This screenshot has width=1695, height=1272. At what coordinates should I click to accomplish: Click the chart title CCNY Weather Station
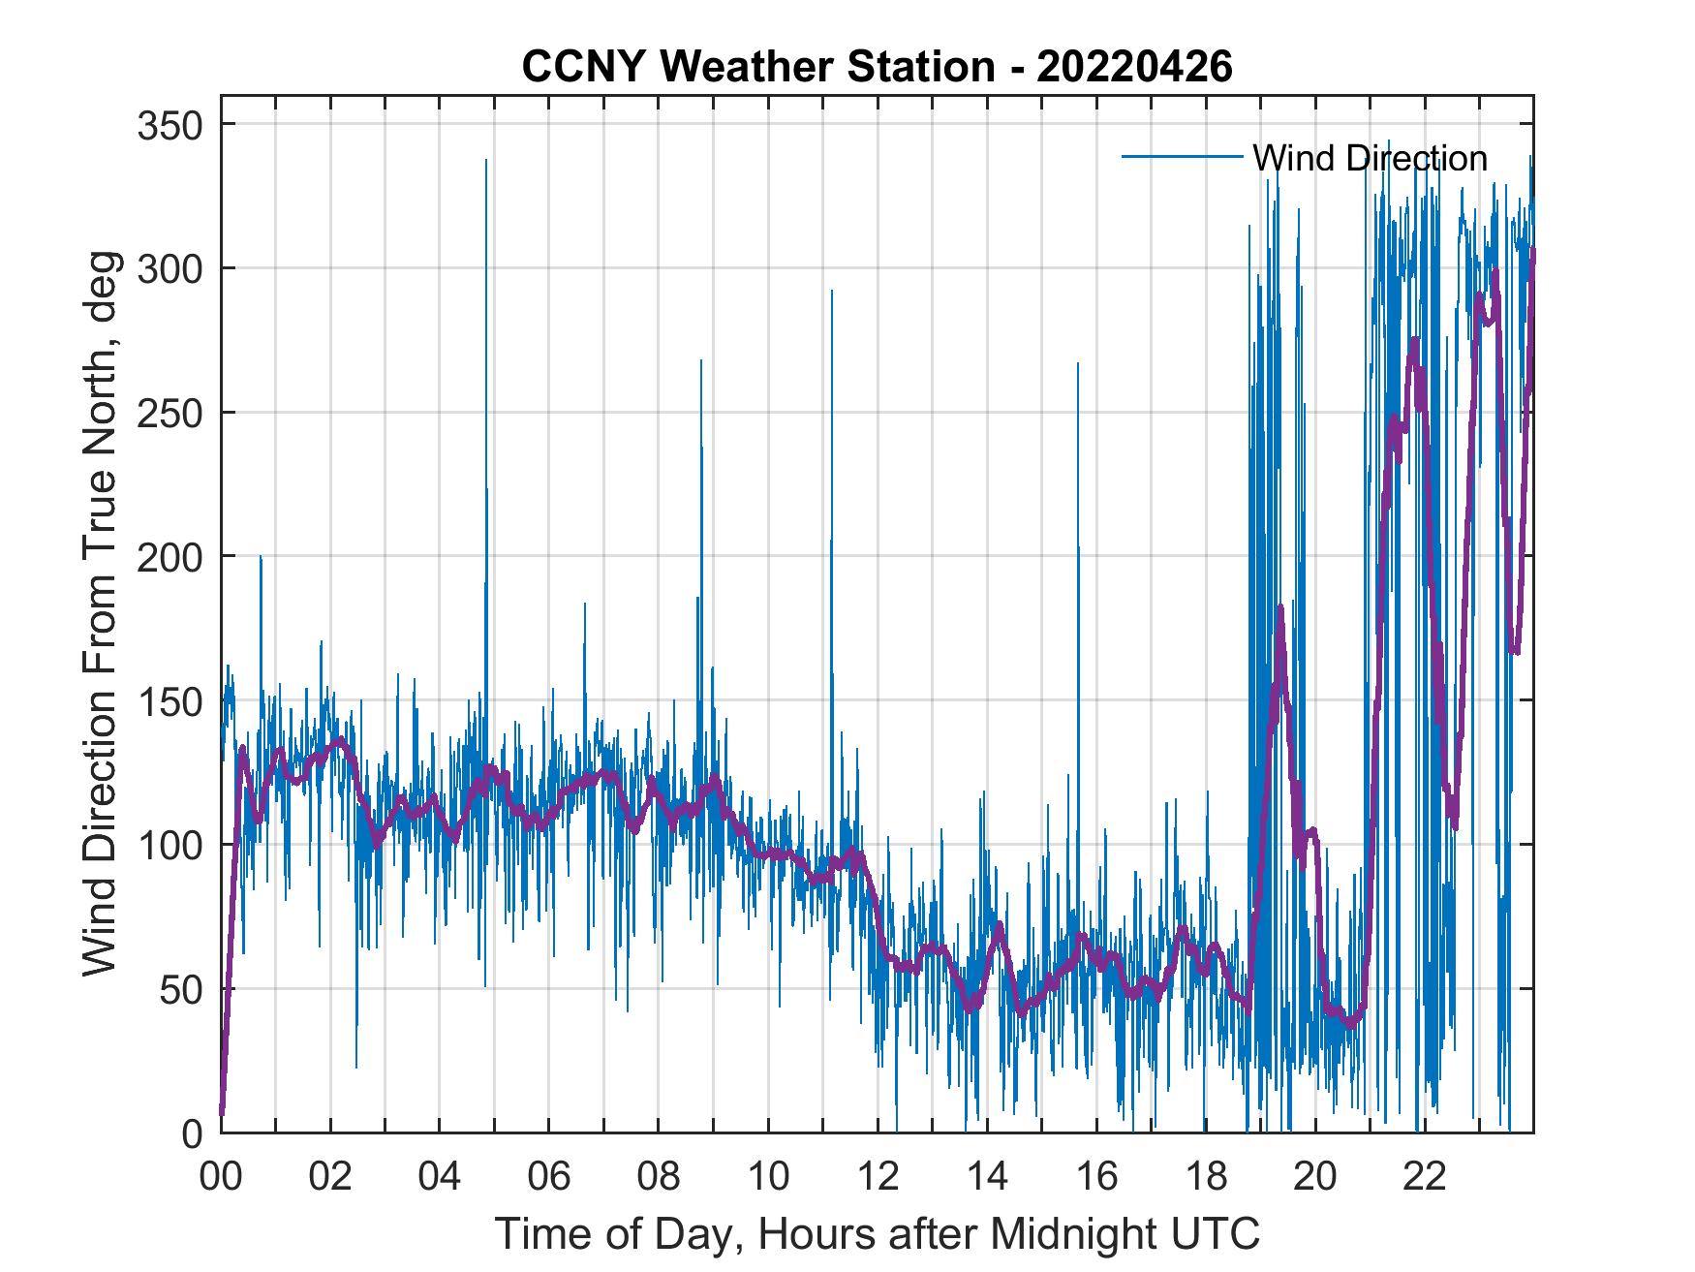pyautogui.click(x=877, y=67)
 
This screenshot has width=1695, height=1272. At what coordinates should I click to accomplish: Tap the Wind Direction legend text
pyautogui.click(x=1370, y=158)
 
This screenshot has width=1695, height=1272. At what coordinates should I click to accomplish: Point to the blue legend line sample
pyautogui.click(x=1182, y=157)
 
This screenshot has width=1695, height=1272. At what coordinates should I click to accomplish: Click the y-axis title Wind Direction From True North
pyautogui.click(x=100, y=613)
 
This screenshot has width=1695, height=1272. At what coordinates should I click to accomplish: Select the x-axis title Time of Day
pyautogui.click(x=877, y=1233)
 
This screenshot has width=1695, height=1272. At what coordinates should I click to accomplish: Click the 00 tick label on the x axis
pyautogui.click(x=221, y=1177)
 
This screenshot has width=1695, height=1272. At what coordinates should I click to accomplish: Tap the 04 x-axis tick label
pyautogui.click(x=440, y=1177)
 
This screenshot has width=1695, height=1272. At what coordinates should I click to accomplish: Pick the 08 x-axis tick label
pyautogui.click(x=659, y=1177)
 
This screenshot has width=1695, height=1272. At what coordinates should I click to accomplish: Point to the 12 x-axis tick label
pyautogui.click(x=878, y=1177)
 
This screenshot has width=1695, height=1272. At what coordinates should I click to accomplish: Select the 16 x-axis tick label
pyautogui.click(x=1096, y=1177)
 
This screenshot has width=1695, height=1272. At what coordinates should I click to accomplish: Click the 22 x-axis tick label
pyautogui.click(x=1425, y=1177)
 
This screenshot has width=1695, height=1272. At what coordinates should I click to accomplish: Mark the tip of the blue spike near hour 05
pyautogui.click(x=485, y=160)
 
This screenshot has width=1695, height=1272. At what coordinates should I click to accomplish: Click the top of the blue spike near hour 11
pyautogui.click(x=831, y=290)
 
